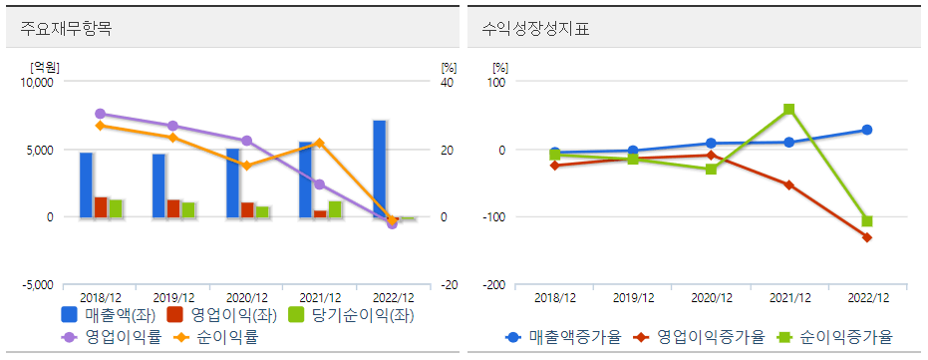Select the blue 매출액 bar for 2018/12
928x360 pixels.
point(87,184)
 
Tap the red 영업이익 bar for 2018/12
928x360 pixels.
point(101,206)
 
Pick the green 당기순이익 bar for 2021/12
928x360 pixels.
point(335,208)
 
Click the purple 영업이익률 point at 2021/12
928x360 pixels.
point(319,184)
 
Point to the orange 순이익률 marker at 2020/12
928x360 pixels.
point(247,166)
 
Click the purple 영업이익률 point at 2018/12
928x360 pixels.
point(100,114)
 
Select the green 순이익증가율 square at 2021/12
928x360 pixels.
point(789,109)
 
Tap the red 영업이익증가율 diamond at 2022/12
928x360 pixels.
point(867,237)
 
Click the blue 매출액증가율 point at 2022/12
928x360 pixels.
point(867,130)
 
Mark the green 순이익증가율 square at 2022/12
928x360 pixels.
point(867,221)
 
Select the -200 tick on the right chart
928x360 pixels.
point(494,284)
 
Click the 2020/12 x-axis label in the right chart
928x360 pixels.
point(711,297)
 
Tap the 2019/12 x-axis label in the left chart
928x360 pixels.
point(173,297)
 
